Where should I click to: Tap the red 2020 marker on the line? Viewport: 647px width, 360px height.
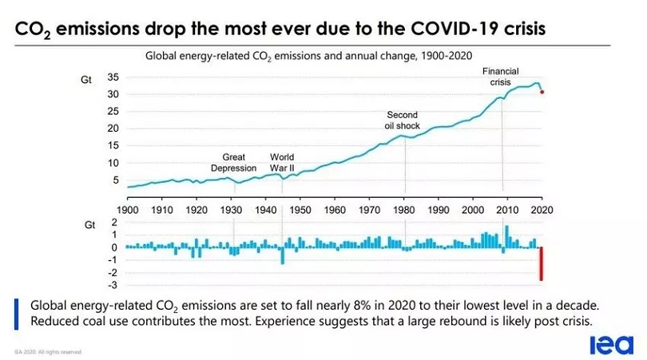(542, 92)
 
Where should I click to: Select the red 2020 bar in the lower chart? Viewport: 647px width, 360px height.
(542, 263)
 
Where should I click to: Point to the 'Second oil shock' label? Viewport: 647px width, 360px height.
(403, 121)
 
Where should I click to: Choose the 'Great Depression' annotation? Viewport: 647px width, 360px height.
(233, 163)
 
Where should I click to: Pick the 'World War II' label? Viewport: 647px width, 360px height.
(282, 163)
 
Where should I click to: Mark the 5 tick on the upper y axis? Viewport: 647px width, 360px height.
(116, 180)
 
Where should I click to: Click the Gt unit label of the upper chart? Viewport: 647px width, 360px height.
(87, 80)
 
